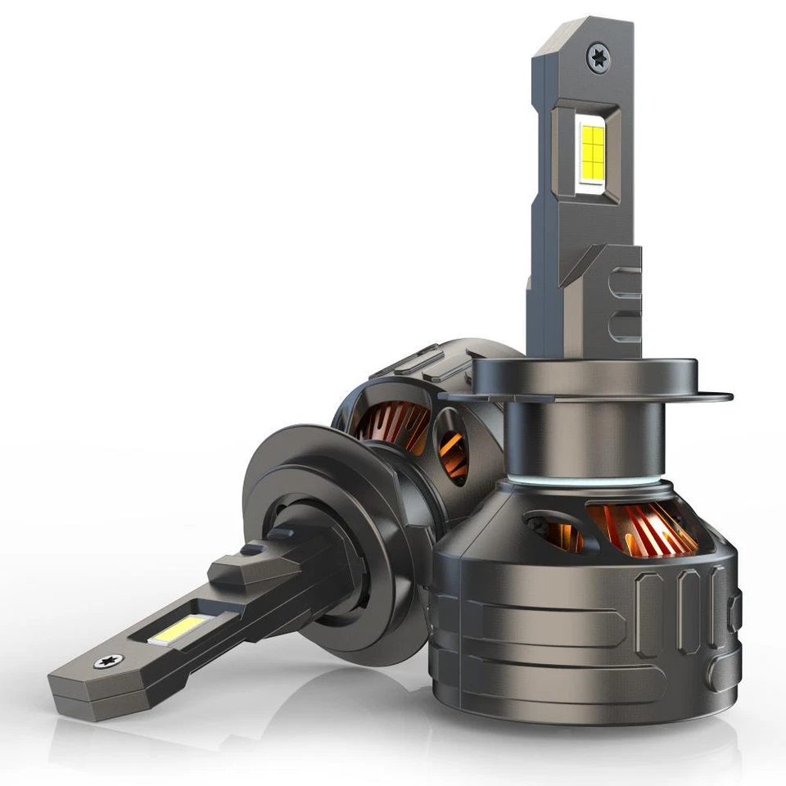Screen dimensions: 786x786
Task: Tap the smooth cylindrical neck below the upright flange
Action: point(565,442)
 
